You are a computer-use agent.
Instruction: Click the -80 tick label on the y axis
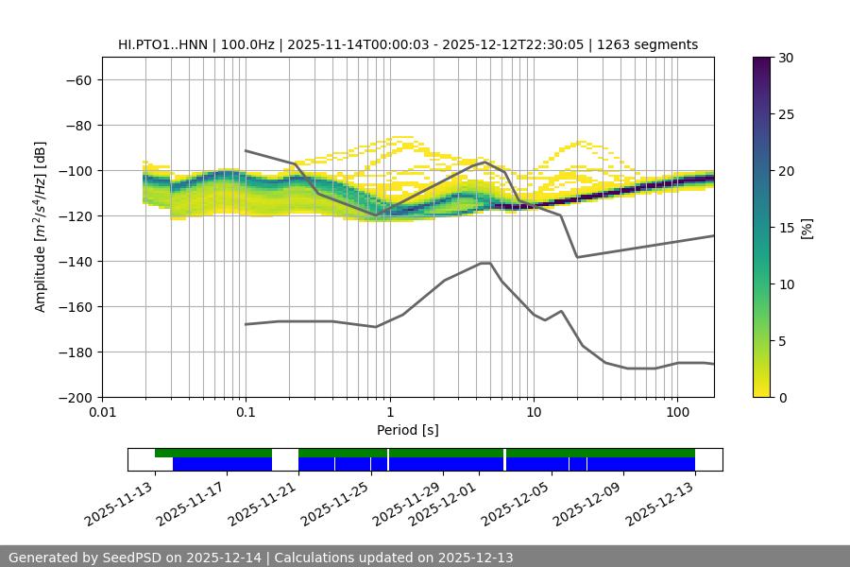click(76, 126)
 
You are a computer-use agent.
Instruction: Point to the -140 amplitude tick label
click(73, 262)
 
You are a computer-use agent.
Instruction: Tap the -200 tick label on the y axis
click(73, 398)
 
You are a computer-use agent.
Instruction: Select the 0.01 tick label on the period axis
click(102, 413)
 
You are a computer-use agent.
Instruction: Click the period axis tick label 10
click(534, 413)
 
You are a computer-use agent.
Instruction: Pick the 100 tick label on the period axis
click(677, 413)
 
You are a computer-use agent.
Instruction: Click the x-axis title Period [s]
click(408, 430)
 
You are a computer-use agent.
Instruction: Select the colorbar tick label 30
click(786, 58)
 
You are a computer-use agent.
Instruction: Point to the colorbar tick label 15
click(786, 228)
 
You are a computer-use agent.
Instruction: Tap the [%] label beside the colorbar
click(807, 227)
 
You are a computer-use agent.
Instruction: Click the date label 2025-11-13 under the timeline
click(120, 506)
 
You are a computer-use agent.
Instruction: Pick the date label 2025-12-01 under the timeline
click(448, 506)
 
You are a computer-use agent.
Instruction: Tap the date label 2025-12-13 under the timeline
click(662, 506)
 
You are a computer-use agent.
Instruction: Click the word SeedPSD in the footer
click(129, 558)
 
